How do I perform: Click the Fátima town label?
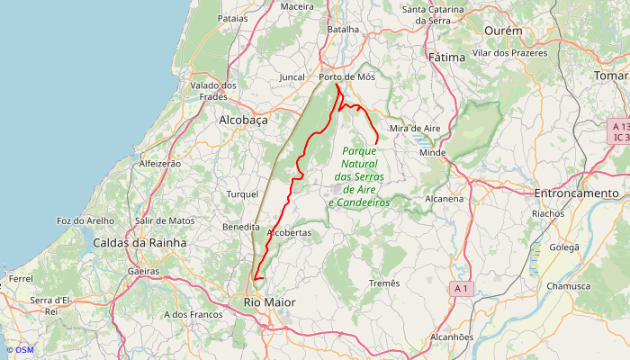447,57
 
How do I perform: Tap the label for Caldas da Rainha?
139,243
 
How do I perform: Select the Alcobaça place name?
243,119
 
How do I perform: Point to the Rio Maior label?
269,302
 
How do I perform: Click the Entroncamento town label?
577,193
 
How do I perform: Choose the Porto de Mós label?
346,77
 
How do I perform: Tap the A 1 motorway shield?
462,288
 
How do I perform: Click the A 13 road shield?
618,127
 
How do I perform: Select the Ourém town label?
503,31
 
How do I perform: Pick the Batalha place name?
342,29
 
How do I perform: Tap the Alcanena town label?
443,198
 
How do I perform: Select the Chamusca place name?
569,286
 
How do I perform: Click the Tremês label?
384,283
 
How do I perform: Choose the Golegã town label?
564,247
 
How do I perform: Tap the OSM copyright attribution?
19,350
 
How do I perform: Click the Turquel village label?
242,193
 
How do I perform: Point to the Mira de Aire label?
415,129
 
